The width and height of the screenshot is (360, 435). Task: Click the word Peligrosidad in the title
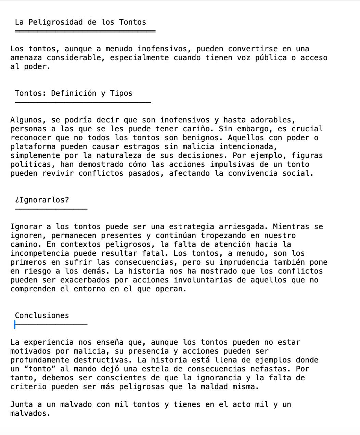coord(55,22)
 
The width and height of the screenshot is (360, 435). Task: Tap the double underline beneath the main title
coord(85,31)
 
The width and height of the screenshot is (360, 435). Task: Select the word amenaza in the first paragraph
coord(26,58)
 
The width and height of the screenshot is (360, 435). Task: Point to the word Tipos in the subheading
coord(121,93)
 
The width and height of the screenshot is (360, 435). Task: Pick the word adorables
coord(272,120)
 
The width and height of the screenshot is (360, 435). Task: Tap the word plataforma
coord(33,147)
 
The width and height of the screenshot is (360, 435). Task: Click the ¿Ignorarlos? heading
coord(42,200)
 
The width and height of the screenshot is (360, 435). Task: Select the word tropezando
coord(223,236)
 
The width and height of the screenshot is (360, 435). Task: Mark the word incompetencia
coord(40,253)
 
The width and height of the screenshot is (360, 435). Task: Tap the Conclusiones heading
coord(42,316)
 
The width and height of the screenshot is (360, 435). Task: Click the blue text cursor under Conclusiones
coord(15,325)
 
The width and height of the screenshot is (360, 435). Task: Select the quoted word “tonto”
coord(37,369)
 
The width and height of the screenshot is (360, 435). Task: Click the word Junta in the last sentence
coord(22,405)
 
